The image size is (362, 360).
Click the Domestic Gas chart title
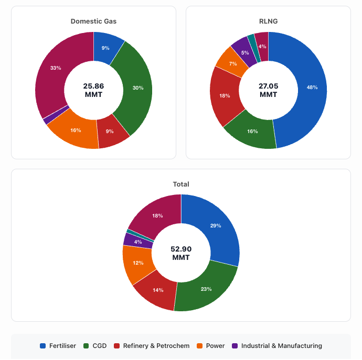click(x=93, y=21)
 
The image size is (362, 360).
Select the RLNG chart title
click(x=268, y=21)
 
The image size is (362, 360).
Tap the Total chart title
click(x=181, y=184)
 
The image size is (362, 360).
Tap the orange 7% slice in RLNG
click(x=232, y=63)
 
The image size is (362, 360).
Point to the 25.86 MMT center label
click(x=93, y=90)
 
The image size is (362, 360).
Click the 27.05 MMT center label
click(x=268, y=90)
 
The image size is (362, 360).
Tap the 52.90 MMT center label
click(x=181, y=253)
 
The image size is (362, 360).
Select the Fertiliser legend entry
click(x=58, y=346)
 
